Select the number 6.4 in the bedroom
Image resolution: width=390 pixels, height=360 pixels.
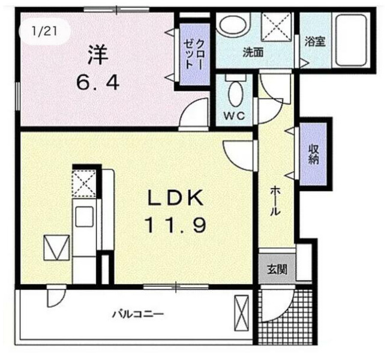[97, 81]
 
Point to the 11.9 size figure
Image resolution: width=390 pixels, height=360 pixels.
[175, 226]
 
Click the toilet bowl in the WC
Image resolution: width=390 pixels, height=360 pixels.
[235, 93]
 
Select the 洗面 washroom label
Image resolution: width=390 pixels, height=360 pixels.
[253, 52]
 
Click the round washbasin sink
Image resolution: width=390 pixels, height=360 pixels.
[232, 26]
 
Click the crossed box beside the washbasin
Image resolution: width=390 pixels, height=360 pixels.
[275, 26]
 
